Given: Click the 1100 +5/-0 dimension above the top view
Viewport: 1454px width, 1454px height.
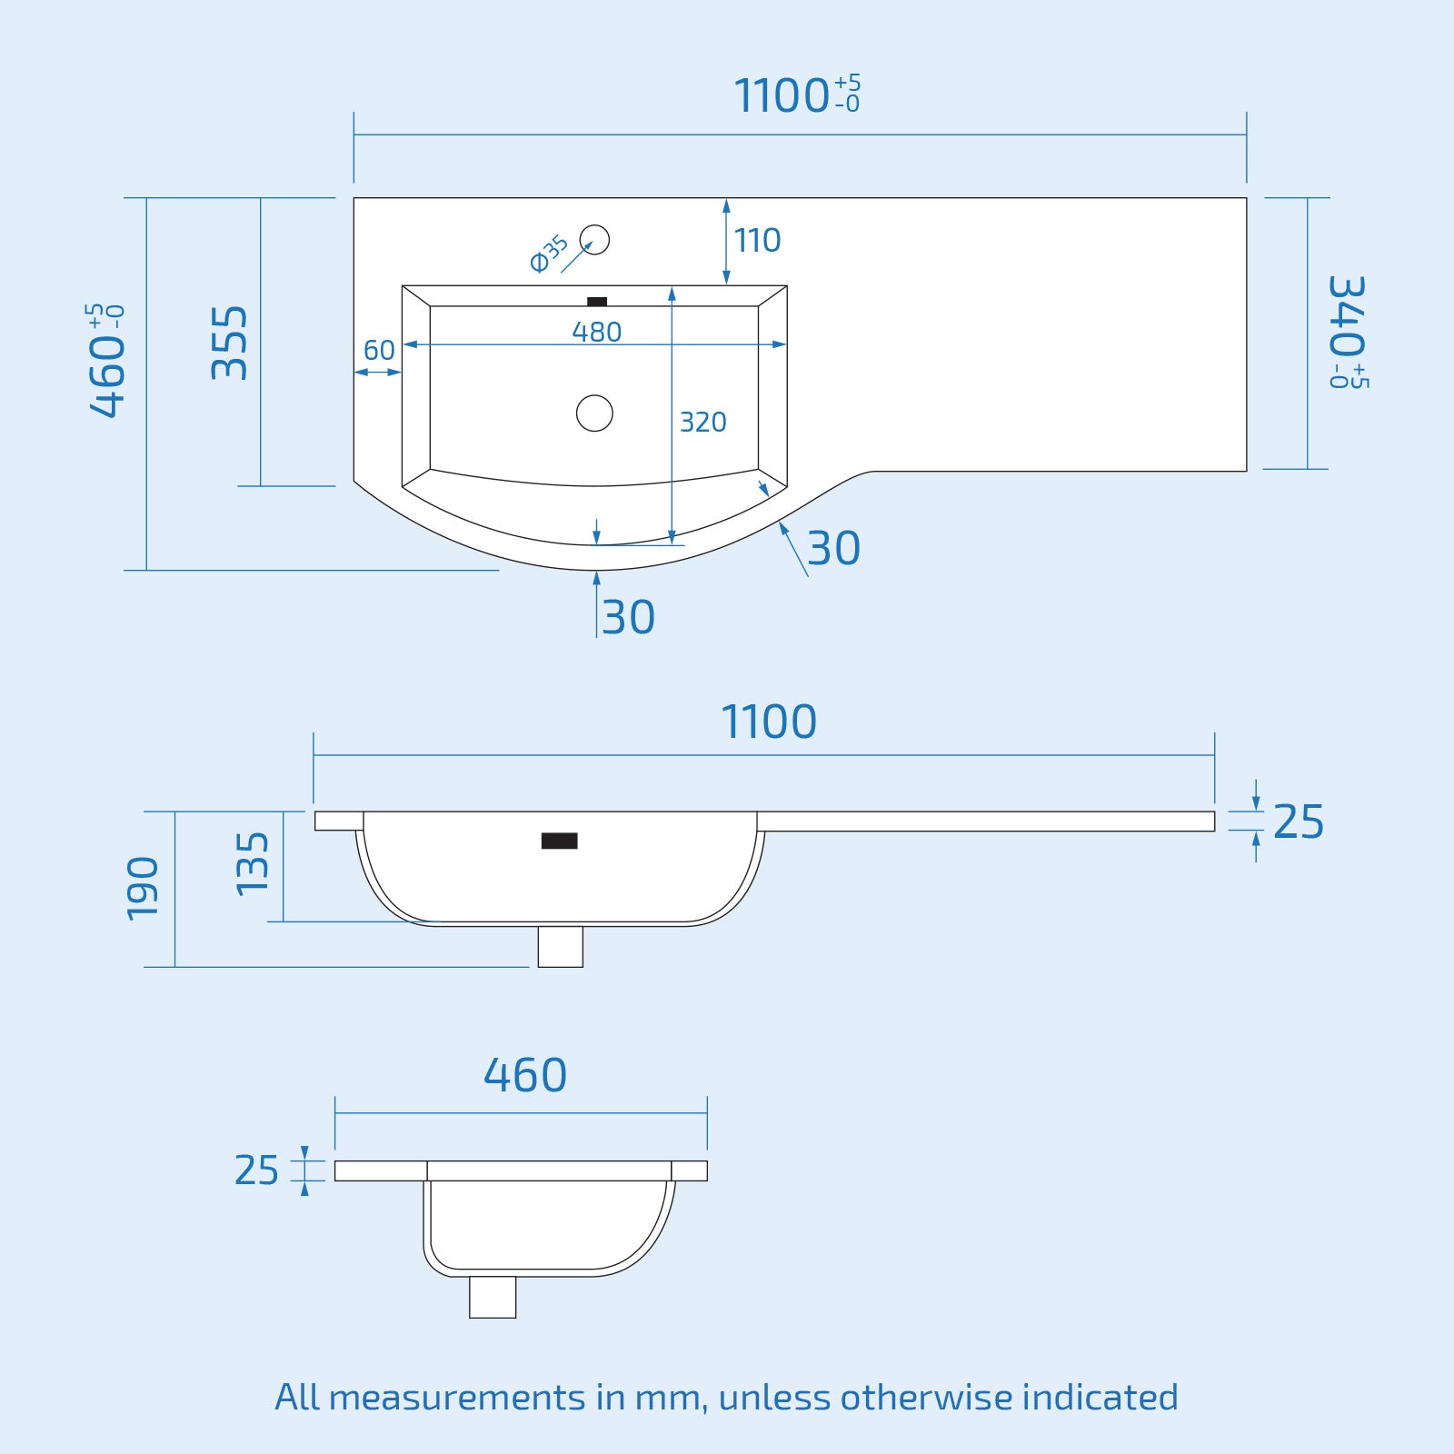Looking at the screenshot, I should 796,95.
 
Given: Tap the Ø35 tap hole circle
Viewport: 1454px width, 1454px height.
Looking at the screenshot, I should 595,240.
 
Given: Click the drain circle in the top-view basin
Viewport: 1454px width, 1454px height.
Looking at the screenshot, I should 594,413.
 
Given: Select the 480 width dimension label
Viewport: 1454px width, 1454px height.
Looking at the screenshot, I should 596,332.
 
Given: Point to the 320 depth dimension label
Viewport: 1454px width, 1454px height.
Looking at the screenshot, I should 702,422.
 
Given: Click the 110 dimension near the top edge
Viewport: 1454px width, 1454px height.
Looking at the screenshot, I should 757,241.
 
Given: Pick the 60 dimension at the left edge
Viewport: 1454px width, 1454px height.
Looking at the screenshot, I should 379,350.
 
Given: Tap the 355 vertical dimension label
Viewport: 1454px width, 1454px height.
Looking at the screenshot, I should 229,343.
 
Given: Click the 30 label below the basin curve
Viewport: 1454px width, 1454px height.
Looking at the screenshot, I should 628,618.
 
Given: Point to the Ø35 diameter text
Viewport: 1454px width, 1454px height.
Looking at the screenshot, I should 549,254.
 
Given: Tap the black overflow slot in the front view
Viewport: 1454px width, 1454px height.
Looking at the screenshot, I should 559,841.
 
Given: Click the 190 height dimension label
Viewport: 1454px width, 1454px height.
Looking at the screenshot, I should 143,888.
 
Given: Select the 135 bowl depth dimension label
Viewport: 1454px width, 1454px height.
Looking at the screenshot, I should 252,864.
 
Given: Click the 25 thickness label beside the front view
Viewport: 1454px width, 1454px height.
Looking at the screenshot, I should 1298,822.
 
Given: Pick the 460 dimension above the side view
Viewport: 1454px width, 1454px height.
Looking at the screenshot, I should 524,1075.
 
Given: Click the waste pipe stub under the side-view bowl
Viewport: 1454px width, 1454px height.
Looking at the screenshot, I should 493,1297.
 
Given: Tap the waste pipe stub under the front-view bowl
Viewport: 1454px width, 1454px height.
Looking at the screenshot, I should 560,947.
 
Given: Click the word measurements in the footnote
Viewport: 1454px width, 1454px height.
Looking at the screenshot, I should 457,1398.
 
